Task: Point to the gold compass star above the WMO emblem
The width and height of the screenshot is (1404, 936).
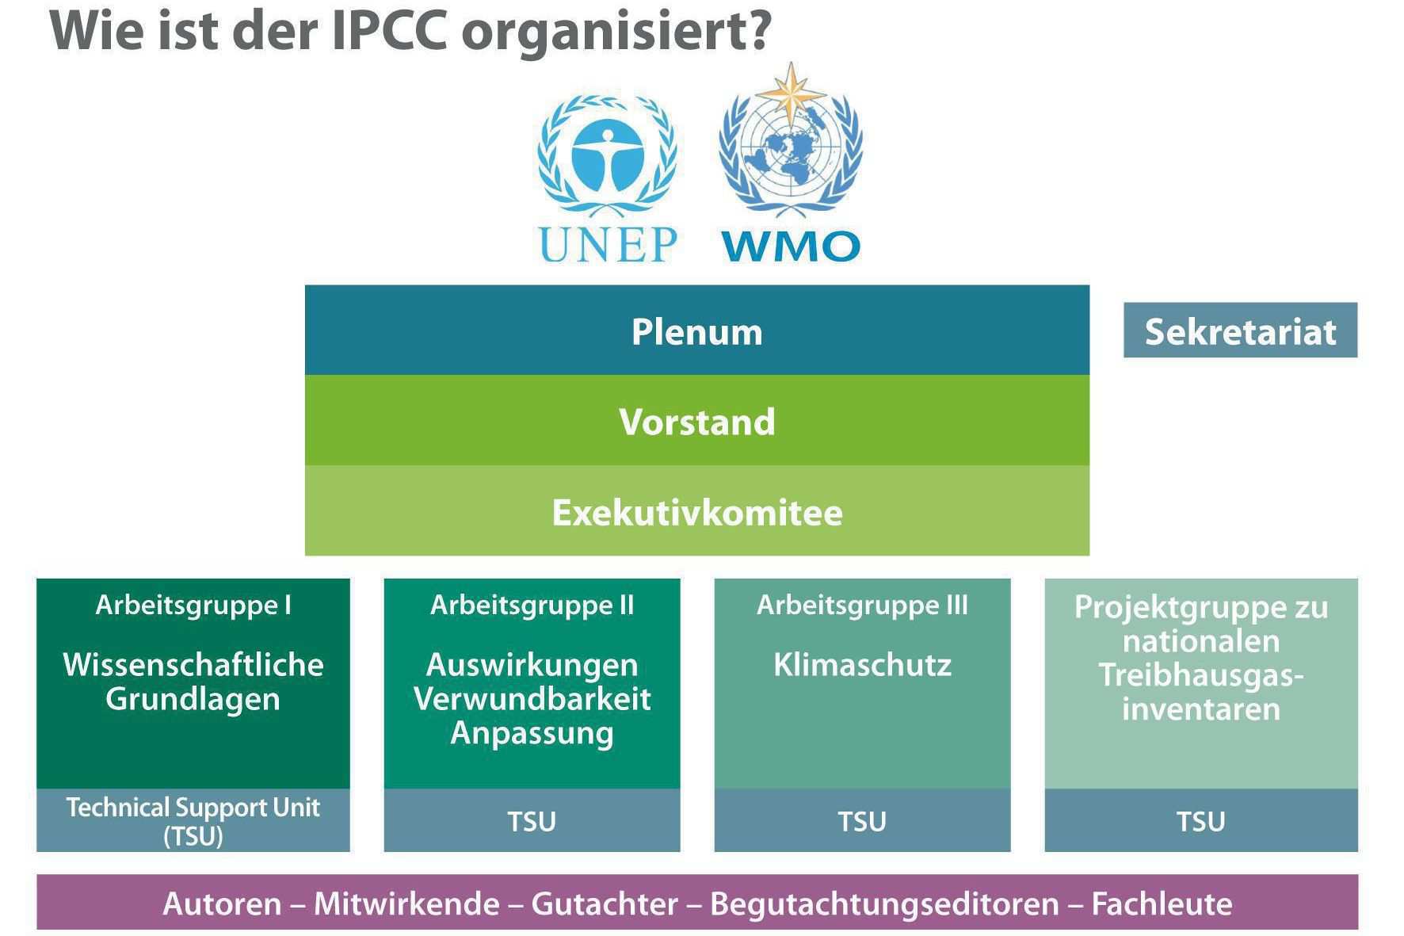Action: pyautogui.click(x=791, y=94)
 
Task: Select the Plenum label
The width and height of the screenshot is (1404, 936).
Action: pyautogui.click(x=697, y=331)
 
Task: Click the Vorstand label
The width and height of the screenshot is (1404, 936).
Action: pyautogui.click(x=697, y=421)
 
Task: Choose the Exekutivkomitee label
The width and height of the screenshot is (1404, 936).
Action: pyautogui.click(x=697, y=512)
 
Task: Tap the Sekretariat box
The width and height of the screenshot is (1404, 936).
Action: pyautogui.click(x=1240, y=330)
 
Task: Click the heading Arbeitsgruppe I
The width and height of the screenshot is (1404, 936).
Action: pyautogui.click(x=193, y=605)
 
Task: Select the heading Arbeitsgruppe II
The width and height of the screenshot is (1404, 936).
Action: pyautogui.click(x=532, y=605)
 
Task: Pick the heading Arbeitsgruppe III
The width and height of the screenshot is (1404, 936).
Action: pyautogui.click(x=862, y=605)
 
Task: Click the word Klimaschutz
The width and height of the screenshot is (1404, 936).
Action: pyautogui.click(x=862, y=664)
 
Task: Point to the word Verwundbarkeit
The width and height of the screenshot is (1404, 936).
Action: pyautogui.click(x=532, y=698)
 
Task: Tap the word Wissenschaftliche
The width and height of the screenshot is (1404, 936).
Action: pyautogui.click(x=193, y=664)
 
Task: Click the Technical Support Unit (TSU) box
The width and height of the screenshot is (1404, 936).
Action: pyautogui.click(x=193, y=820)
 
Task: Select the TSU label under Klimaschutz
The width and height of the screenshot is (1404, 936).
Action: pyautogui.click(x=862, y=821)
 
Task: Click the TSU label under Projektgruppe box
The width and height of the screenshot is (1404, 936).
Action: pyautogui.click(x=1200, y=821)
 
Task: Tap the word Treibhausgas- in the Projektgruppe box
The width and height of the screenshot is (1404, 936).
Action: pyautogui.click(x=1200, y=675)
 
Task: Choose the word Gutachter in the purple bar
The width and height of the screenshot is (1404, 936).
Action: pyautogui.click(x=605, y=904)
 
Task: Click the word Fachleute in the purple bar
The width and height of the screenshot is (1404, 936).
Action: pyautogui.click(x=1162, y=904)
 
